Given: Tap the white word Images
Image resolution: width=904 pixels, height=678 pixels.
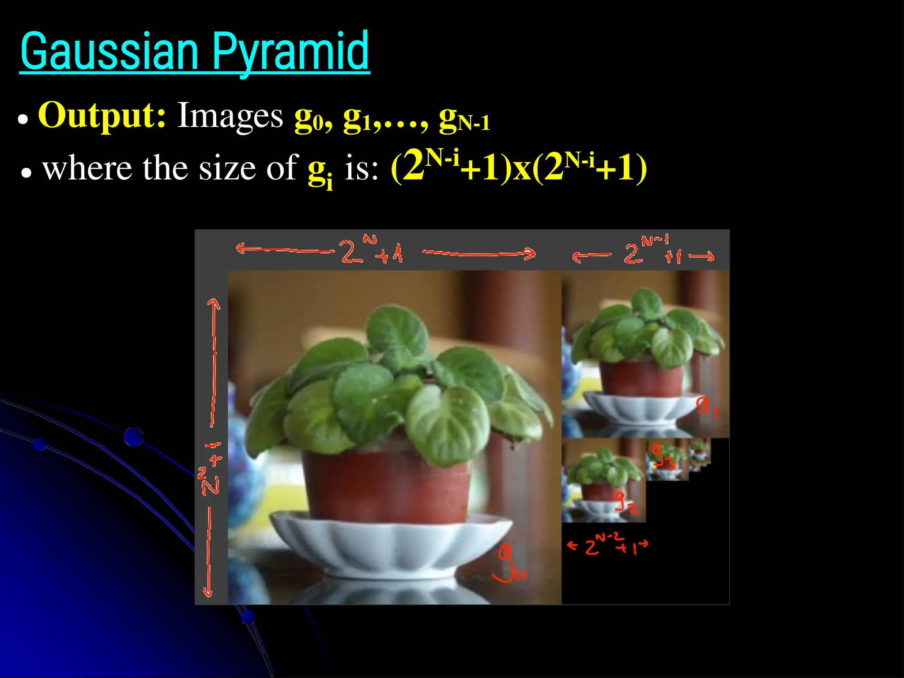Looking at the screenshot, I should click(x=230, y=116).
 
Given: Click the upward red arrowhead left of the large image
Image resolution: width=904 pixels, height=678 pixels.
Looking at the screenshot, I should click(x=214, y=304).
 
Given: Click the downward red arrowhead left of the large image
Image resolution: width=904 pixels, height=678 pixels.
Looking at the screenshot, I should click(x=208, y=591).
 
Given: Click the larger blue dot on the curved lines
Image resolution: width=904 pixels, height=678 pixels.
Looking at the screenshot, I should click(x=133, y=437).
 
